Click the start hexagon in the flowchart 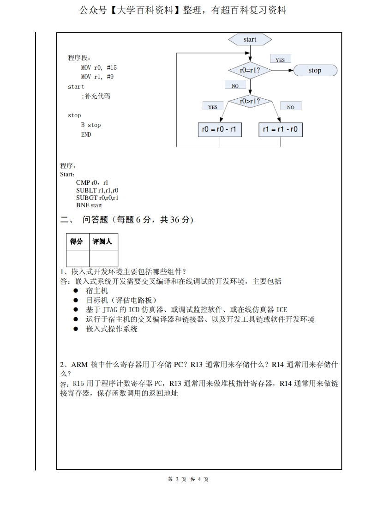tap(250, 40)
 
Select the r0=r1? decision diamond tap(250, 71)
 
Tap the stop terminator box tap(315, 71)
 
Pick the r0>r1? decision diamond tap(250, 101)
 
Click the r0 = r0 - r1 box tap(219, 130)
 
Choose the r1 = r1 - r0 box tap(280, 130)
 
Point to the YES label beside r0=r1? tap(280, 60)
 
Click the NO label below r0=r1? tap(235, 85)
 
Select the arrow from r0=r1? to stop tap(282, 71)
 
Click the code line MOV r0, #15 tap(99, 67)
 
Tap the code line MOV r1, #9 tap(97, 77)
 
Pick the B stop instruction tap(90, 125)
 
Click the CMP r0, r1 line tap(92, 183)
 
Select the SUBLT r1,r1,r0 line tap(97, 190)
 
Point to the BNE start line tap(89, 205)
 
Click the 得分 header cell tap(77, 241)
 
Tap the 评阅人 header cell tap(102, 241)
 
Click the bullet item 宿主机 tap(97, 291)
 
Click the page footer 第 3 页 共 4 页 tap(188, 479)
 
